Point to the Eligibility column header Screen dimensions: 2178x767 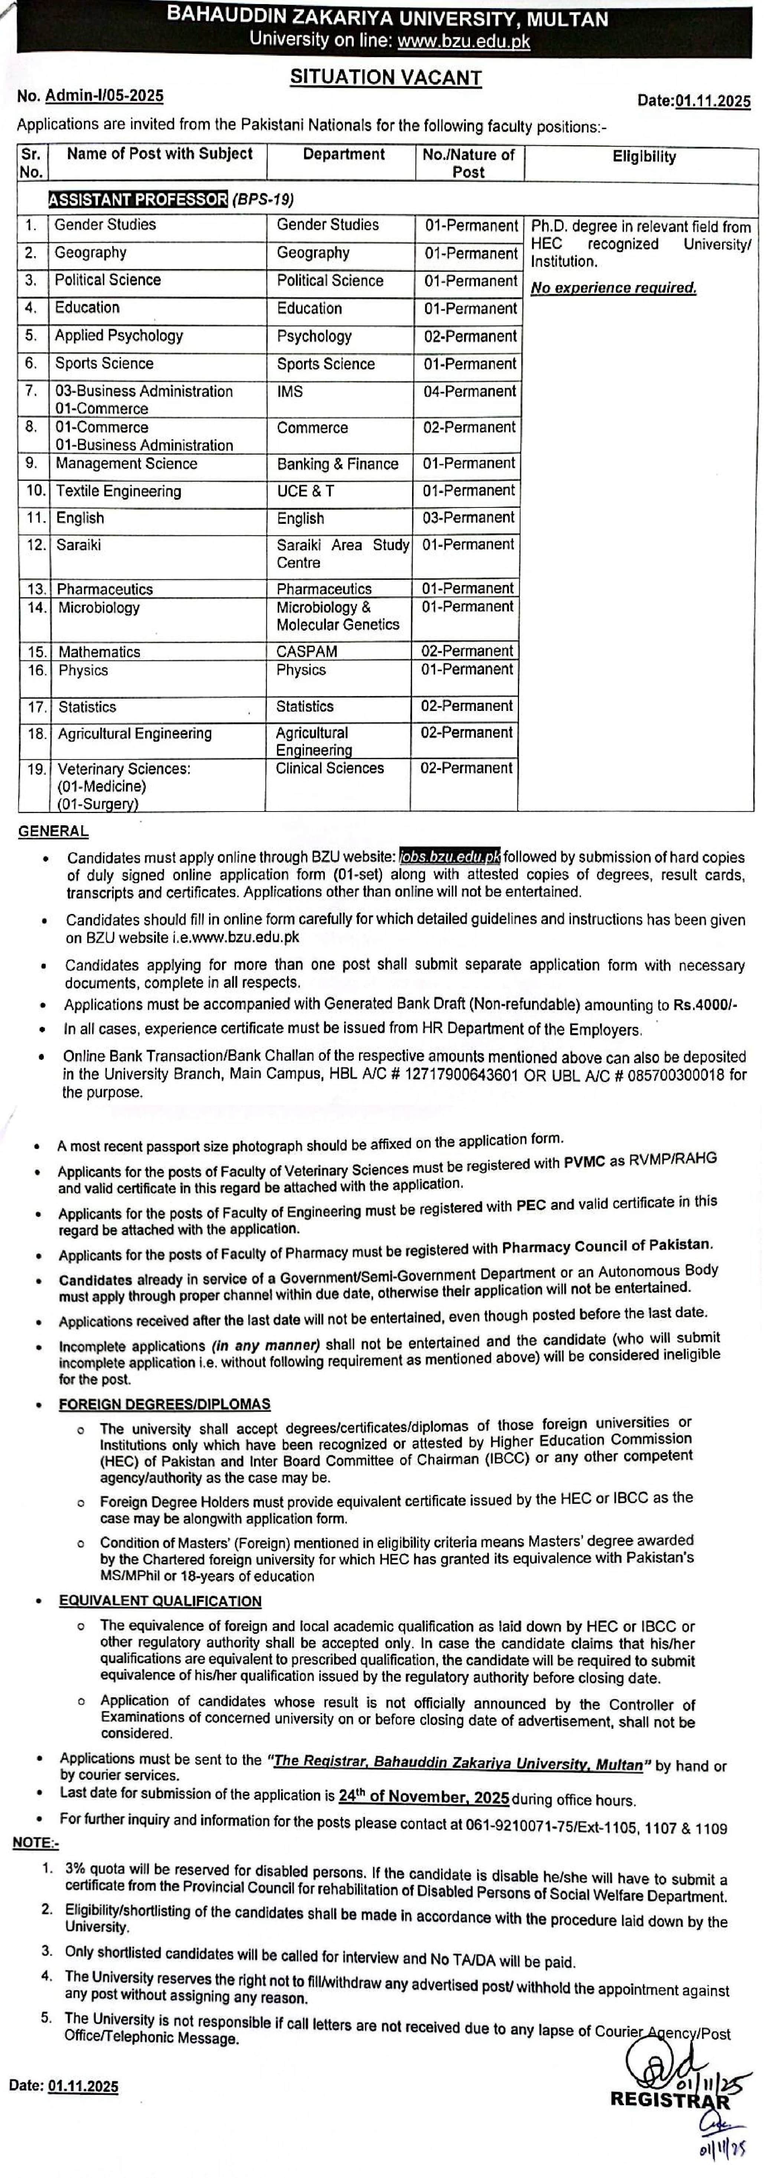coord(644,156)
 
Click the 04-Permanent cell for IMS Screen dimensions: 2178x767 coord(469,392)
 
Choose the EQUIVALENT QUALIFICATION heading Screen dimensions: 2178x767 coord(160,1601)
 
